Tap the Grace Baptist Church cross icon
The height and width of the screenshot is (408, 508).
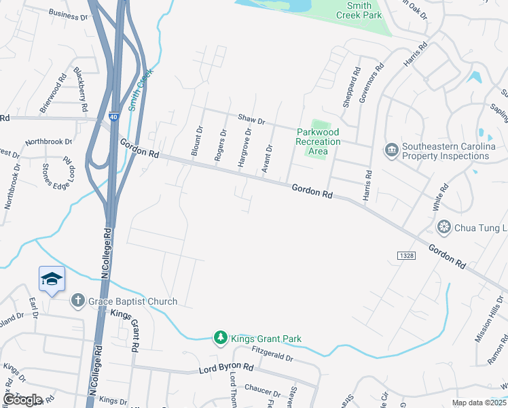78,301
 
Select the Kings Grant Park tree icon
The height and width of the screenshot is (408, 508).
220,338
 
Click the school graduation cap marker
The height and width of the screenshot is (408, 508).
52,279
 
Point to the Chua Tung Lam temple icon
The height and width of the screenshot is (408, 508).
444,226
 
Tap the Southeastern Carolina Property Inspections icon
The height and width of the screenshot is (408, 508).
391,150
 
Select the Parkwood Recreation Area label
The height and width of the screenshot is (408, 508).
318,141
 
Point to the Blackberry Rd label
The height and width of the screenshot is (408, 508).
81,88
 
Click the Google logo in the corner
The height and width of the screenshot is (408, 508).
22,399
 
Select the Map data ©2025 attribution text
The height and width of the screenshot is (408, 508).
479,403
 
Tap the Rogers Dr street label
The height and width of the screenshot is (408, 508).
219,145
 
